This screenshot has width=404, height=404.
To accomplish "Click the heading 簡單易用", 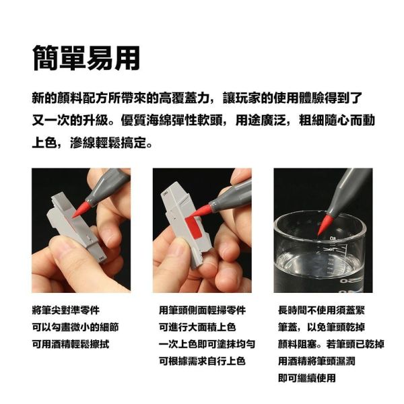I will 86,59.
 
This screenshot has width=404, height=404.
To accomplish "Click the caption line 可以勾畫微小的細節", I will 76,327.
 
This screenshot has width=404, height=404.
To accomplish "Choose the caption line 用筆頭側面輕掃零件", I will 202,310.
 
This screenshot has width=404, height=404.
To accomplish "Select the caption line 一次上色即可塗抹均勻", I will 207,344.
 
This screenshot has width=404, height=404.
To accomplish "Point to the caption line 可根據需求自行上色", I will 202,361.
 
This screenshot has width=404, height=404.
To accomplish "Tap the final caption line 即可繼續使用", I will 307,378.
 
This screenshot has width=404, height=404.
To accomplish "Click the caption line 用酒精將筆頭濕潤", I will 316,361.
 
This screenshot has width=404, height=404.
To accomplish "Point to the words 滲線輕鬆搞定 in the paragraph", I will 112,143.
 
